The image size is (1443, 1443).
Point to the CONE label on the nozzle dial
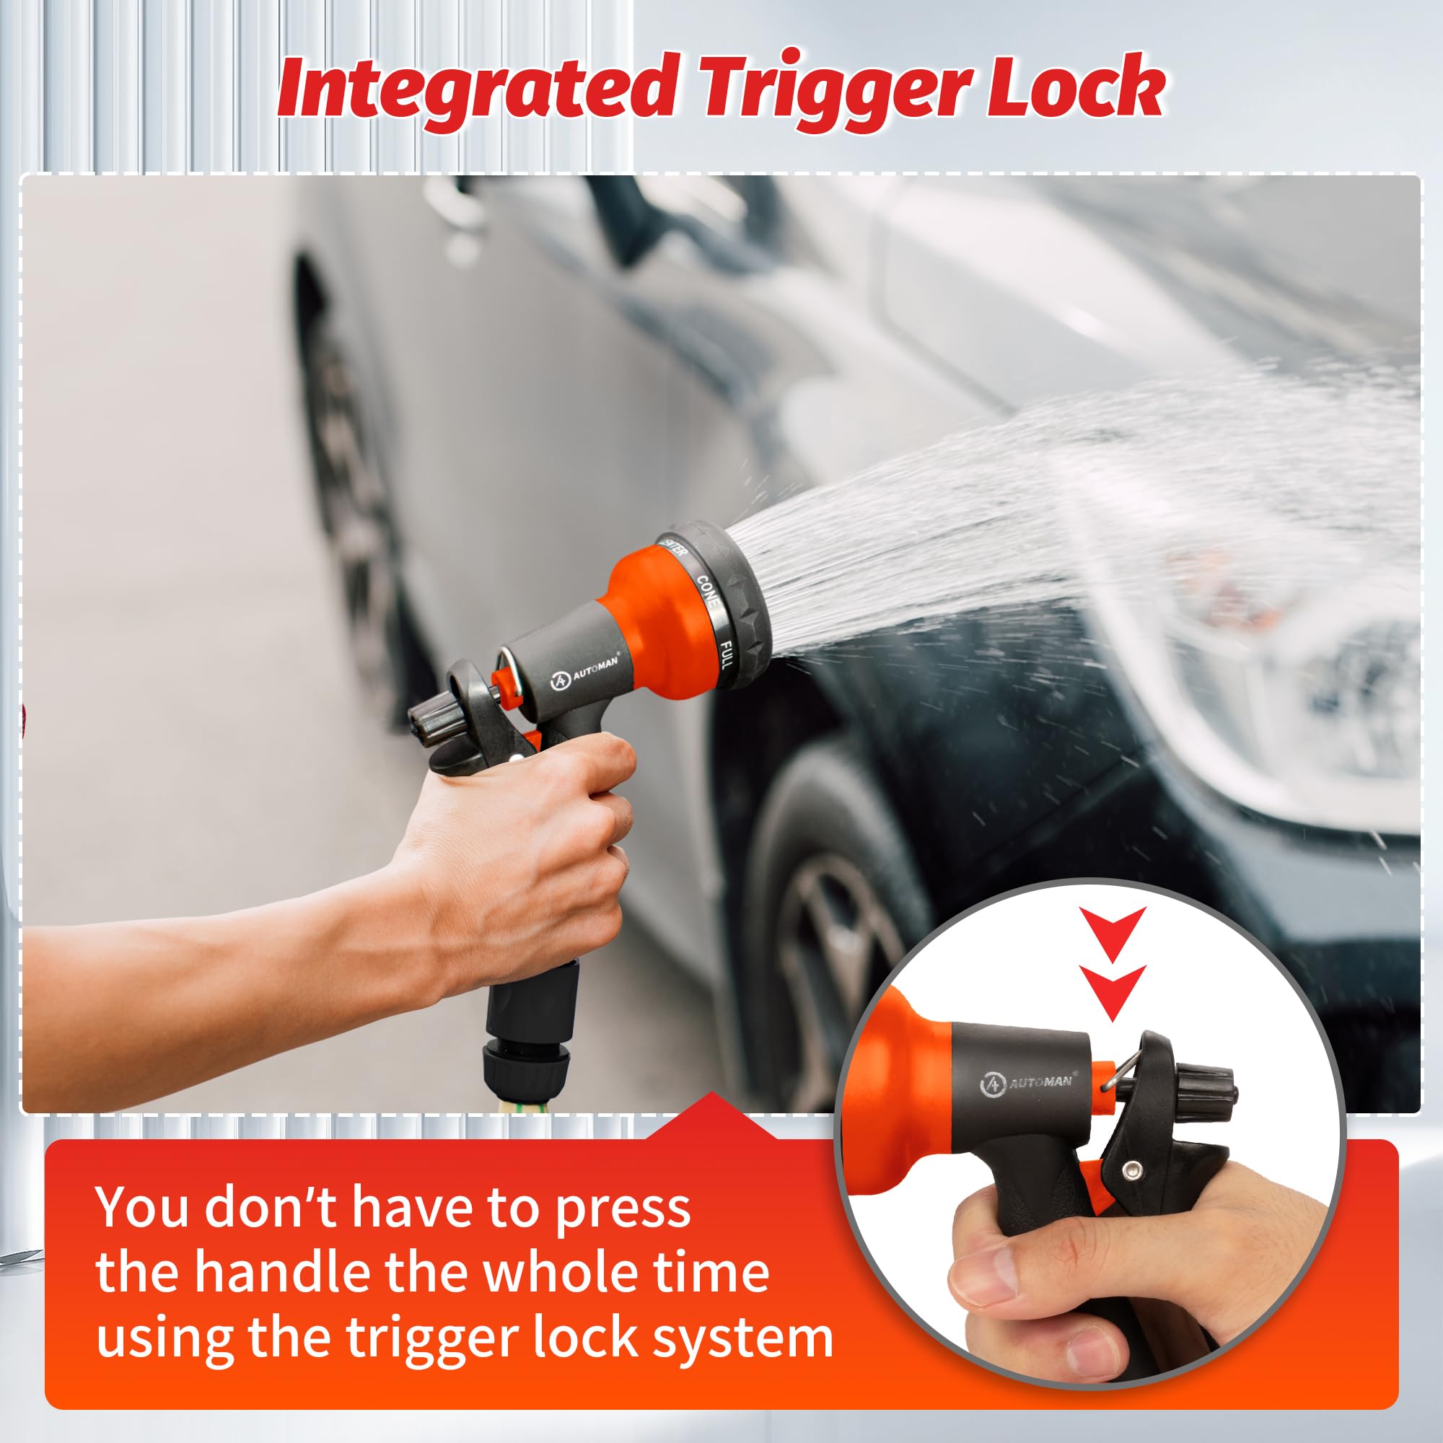point(707,590)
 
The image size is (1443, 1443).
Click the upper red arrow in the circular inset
point(1112,934)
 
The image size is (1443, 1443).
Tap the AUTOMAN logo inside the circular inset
point(1027,1084)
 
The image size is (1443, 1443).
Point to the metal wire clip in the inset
point(1110,1076)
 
